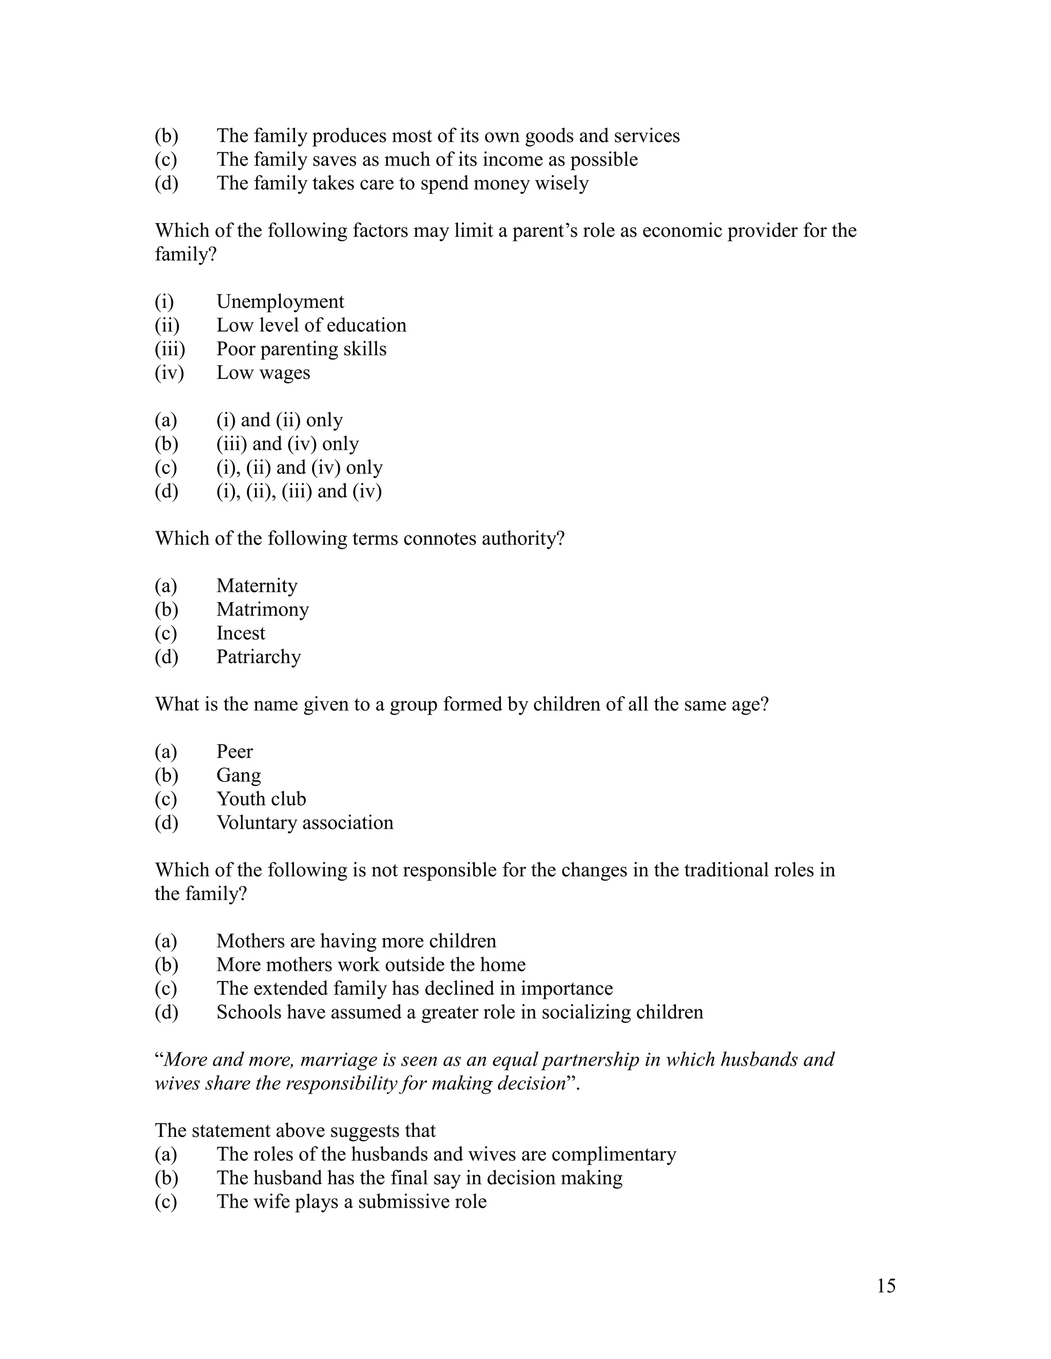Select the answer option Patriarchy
tap(259, 657)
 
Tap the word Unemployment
tap(280, 302)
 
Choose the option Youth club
tap(261, 799)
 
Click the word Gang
tap(239, 776)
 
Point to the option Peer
tap(234, 752)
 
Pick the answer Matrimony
tap(262, 610)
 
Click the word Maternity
tap(257, 586)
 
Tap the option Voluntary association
tap(304, 823)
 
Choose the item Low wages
tap(263, 373)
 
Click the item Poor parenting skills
tap(301, 349)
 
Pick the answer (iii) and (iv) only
tap(287, 444)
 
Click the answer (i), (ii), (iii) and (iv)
tap(299, 492)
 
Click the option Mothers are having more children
tap(356, 942)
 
